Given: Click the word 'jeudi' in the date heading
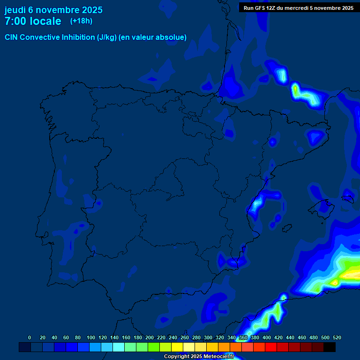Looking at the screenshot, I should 15,10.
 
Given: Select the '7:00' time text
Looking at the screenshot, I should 15,21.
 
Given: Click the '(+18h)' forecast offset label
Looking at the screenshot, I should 81,21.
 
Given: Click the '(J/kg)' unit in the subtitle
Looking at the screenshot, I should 107,37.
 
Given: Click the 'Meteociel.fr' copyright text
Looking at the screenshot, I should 218,357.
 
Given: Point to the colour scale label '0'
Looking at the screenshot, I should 30,337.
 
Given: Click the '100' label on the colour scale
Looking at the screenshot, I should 91,337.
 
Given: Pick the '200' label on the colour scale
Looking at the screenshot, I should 150,337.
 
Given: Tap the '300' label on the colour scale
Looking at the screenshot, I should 208,337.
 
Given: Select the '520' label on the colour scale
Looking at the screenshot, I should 337,337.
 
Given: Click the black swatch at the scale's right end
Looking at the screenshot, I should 330,347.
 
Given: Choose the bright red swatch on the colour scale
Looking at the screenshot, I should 271,347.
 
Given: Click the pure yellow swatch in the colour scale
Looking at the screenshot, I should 177,347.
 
